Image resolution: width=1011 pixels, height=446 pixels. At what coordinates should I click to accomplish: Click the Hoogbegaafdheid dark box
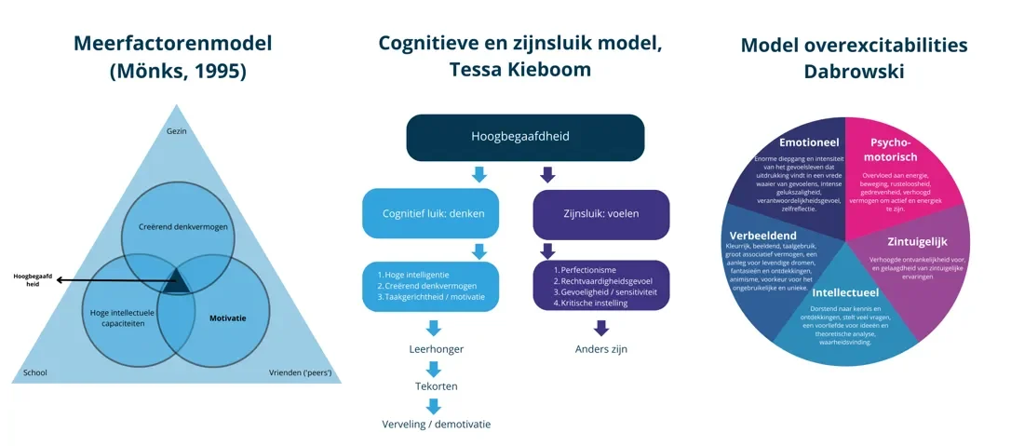coord(525,136)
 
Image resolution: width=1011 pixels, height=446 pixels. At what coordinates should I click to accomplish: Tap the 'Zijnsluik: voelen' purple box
coord(600,213)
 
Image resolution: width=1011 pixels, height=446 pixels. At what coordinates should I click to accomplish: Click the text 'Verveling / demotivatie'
coord(435,423)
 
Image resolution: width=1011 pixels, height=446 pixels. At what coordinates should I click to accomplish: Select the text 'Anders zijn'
coord(601,350)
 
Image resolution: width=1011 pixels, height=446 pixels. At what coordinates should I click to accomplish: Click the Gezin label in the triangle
coord(177,130)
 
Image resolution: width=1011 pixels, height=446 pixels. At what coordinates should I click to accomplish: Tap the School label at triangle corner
coord(35,373)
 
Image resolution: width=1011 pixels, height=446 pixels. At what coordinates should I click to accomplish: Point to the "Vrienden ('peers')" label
coord(301,373)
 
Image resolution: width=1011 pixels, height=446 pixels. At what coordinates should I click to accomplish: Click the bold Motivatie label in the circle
coord(228,317)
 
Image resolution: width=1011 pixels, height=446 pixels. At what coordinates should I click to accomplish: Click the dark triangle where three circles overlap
coord(177,284)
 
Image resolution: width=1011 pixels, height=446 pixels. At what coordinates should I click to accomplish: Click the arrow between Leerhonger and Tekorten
coord(434,368)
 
